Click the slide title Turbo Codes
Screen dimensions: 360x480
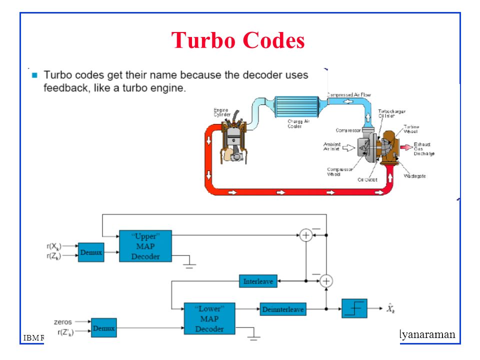point(238,40)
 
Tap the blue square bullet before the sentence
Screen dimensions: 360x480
point(34,75)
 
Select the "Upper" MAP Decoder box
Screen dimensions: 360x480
point(145,245)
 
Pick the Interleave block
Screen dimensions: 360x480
point(258,281)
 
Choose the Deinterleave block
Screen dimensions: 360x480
point(282,309)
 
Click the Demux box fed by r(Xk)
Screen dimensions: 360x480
point(91,252)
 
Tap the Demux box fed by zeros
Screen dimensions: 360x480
point(104,328)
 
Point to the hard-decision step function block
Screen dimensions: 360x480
point(354,308)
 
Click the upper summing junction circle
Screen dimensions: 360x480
point(305,235)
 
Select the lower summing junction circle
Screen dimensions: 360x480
point(326,281)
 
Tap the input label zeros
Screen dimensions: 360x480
point(63,322)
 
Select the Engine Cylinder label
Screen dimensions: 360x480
point(222,112)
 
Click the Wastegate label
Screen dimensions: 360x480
point(414,176)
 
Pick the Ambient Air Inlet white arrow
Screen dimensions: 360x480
point(349,147)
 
